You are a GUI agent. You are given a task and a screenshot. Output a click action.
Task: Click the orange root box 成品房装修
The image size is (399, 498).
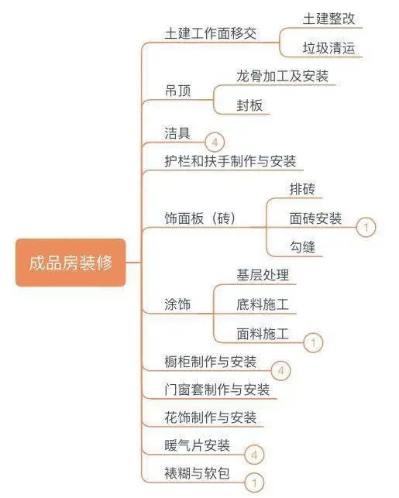point(71,263)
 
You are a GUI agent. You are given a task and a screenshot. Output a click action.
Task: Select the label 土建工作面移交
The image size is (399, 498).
point(211,33)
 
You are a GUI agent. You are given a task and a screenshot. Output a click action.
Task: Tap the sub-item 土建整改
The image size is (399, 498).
point(328,19)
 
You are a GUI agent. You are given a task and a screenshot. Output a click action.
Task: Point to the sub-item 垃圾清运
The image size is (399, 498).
point(328,48)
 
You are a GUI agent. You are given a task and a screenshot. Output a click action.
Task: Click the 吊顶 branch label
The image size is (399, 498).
point(178,91)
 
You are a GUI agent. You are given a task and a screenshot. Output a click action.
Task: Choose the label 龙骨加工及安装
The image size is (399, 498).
point(283,76)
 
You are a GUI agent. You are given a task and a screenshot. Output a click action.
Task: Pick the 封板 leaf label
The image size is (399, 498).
point(249,105)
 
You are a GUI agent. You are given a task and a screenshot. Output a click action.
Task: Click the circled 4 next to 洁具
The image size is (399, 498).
point(215,143)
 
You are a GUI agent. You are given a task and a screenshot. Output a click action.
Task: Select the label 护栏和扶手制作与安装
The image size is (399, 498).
point(230,161)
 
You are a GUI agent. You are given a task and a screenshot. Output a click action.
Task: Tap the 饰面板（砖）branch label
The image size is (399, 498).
point(200,218)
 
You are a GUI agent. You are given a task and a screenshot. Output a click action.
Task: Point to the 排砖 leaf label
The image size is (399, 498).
point(302,189)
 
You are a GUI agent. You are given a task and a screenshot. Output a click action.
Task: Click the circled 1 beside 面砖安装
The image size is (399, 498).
point(366,227)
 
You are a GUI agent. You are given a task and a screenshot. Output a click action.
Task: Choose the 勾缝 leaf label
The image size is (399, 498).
point(302,247)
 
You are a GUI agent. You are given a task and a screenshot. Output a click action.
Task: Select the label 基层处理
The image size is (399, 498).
point(263,275)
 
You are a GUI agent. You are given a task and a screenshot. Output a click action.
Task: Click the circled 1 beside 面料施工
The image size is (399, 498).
point(313,342)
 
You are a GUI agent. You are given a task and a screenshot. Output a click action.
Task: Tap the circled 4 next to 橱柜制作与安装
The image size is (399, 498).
point(280,371)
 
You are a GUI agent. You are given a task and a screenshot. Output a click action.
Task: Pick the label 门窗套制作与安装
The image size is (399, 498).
point(217,390)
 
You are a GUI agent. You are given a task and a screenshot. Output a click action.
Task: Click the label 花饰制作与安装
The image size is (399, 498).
point(211,417)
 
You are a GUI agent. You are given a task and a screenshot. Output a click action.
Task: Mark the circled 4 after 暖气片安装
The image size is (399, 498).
point(254,455)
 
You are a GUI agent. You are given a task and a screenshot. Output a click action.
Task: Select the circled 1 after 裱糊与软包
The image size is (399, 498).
point(254,483)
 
